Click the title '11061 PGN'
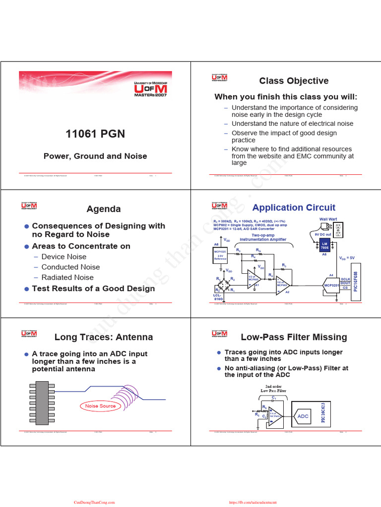pos(95,134)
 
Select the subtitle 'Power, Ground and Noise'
pos(95,156)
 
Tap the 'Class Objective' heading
pos(294,81)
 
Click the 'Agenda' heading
pos(103,209)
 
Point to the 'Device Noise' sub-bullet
pos(63,256)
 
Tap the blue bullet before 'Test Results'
pos(27,289)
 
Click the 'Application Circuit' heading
pos(294,207)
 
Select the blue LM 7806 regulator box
pos(325,245)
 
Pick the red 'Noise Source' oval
pos(100,406)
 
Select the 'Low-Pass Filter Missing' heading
pos(294,337)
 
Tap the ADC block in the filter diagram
pos(303,417)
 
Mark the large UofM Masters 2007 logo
pos(151,88)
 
